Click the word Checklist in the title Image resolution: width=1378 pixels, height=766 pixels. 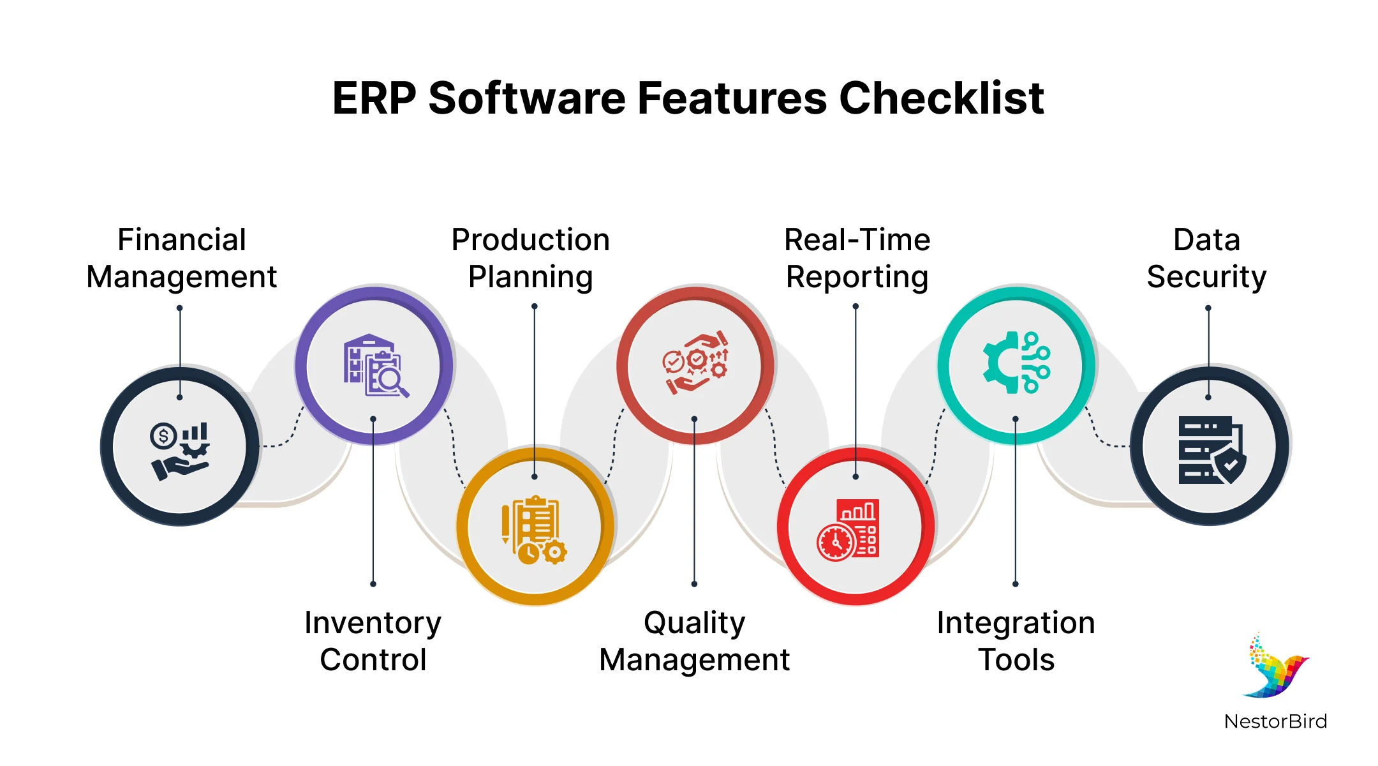tap(941, 99)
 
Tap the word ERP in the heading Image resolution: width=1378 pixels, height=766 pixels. tap(374, 99)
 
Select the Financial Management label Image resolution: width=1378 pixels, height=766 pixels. tap(181, 259)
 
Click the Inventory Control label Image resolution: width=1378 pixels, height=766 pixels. tap(373, 641)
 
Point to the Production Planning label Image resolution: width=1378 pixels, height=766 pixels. tap(530, 259)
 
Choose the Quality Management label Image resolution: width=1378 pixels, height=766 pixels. tap(694, 641)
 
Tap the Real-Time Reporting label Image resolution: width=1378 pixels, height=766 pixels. tap(857, 259)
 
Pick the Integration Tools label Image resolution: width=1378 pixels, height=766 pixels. tap(1016, 641)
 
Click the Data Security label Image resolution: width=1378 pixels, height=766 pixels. tap(1206, 259)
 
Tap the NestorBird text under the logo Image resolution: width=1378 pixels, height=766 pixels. tap(1275, 721)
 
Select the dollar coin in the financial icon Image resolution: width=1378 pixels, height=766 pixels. tap(163, 437)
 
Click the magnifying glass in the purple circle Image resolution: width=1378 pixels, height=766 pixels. tap(390, 380)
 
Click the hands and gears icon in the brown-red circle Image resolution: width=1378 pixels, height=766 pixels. tap(695, 362)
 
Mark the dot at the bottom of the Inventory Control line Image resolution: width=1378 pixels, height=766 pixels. tap(373, 584)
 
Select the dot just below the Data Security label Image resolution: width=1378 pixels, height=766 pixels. tap(1208, 308)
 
